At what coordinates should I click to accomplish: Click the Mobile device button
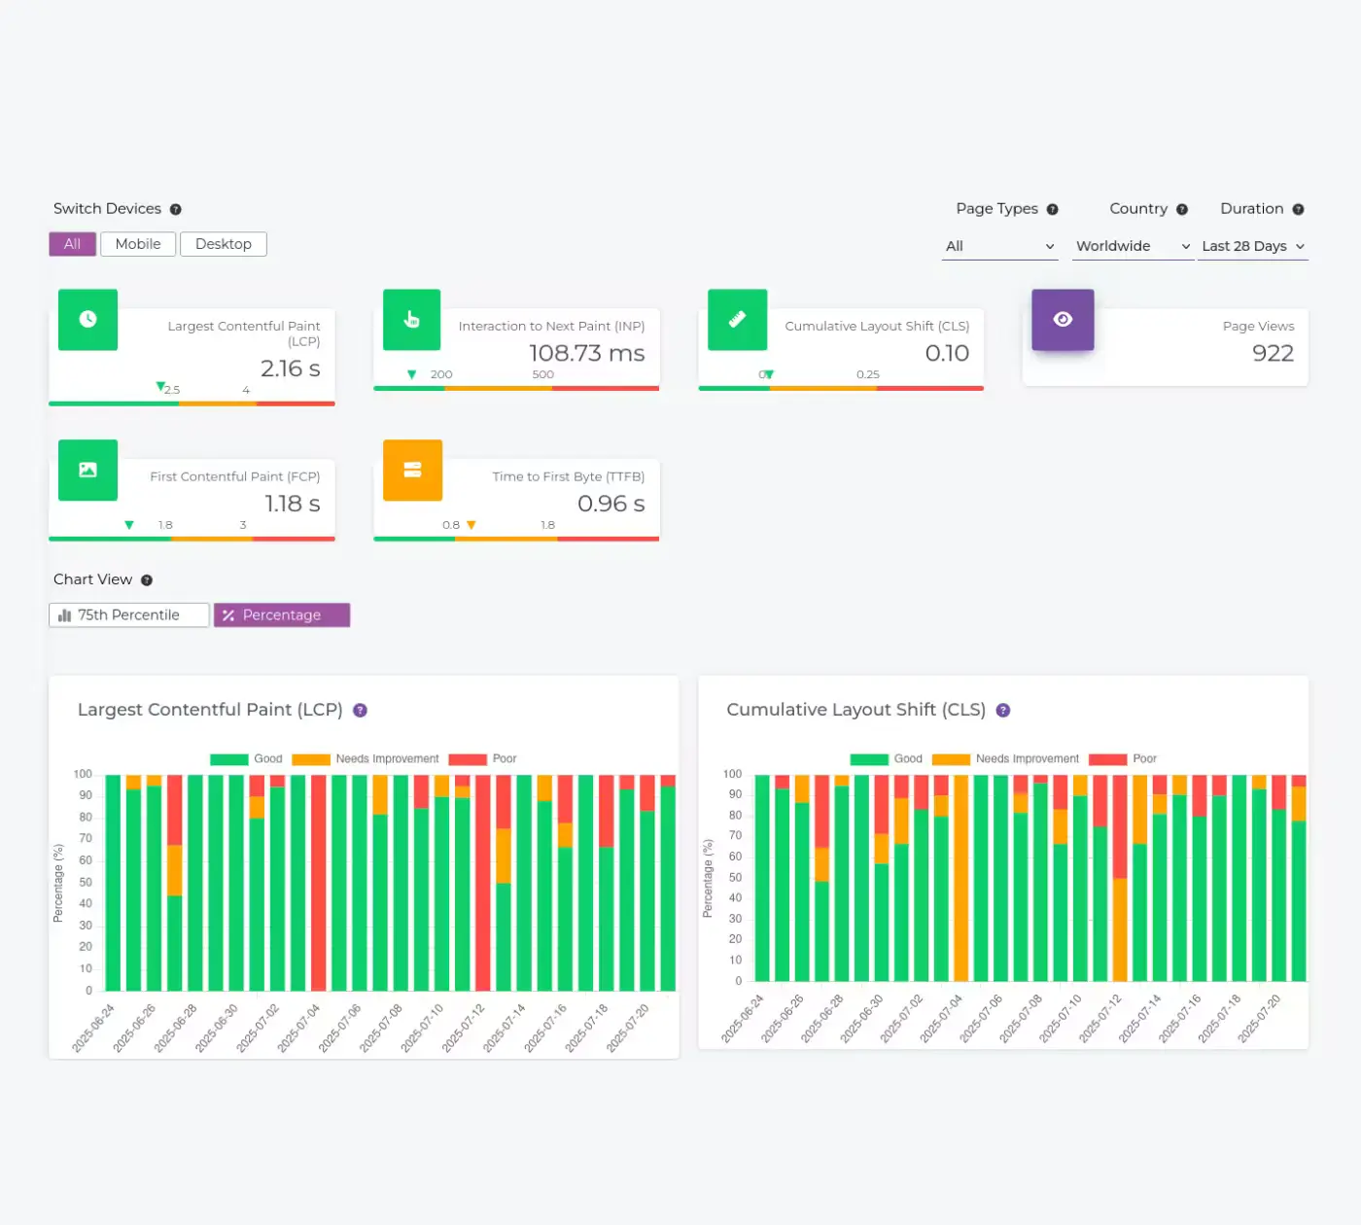click(138, 244)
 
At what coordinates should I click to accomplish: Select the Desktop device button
click(224, 244)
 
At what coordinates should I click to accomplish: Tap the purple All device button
click(73, 244)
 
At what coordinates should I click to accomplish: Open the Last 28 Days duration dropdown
click(1252, 246)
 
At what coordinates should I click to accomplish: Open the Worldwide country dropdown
click(1133, 246)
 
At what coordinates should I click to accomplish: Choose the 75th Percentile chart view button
click(129, 614)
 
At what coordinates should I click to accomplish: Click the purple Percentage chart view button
click(282, 614)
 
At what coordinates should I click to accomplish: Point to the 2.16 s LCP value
click(291, 368)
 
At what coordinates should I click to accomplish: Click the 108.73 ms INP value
click(587, 353)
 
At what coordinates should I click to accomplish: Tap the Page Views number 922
click(1273, 353)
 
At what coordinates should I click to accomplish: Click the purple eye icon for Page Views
click(1063, 320)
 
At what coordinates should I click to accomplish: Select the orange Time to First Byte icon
click(412, 470)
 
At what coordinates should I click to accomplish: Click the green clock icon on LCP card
click(87, 320)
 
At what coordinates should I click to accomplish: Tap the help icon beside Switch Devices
click(176, 209)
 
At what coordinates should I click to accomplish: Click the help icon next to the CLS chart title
click(1003, 710)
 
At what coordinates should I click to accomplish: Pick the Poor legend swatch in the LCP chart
click(468, 758)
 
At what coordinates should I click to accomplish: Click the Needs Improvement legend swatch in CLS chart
click(951, 758)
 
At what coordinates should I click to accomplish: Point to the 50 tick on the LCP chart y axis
click(86, 882)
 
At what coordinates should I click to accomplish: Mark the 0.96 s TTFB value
click(611, 504)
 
